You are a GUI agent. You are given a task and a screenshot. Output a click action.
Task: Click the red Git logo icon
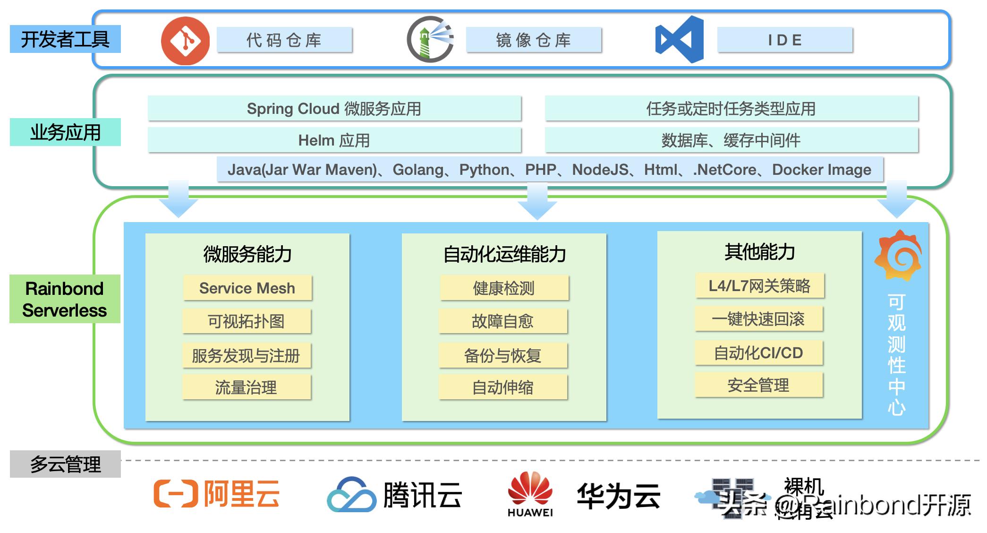(185, 41)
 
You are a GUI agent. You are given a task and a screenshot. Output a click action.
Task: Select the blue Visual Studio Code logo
(680, 39)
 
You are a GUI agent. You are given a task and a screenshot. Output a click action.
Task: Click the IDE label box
(785, 40)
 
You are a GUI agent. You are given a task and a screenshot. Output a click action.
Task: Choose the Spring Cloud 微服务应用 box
(334, 109)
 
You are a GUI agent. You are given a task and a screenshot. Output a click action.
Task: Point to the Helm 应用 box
(334, 140)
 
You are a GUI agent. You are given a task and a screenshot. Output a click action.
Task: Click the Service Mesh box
(247, 288)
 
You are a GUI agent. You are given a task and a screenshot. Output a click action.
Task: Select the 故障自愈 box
(503, 321)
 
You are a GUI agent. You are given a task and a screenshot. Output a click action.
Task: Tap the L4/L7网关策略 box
(759, 286)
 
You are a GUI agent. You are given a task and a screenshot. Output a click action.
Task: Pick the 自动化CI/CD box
(758, 352)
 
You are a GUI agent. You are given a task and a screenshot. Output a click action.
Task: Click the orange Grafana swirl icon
(898, 255)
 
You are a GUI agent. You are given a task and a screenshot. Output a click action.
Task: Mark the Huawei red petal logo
(530, 489)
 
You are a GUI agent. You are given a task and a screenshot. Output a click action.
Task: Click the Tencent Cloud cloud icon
(352, 495)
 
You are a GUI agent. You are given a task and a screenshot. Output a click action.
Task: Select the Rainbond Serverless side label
(65, 299)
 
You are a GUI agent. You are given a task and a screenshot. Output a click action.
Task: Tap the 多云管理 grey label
(65, 464)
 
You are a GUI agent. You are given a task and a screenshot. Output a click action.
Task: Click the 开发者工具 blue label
(65, 39)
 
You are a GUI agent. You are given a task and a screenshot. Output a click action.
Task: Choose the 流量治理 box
(246, 387)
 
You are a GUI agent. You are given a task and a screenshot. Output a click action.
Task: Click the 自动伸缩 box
(503, 387)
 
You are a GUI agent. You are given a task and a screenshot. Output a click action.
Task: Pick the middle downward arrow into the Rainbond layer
(537, 201)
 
